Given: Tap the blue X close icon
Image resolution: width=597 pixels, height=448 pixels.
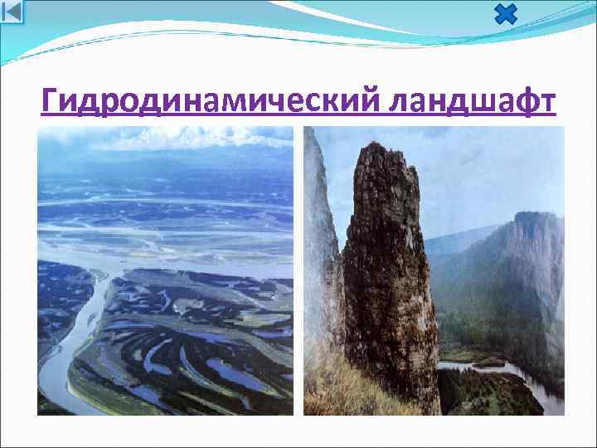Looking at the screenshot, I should (x=505, y=14).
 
